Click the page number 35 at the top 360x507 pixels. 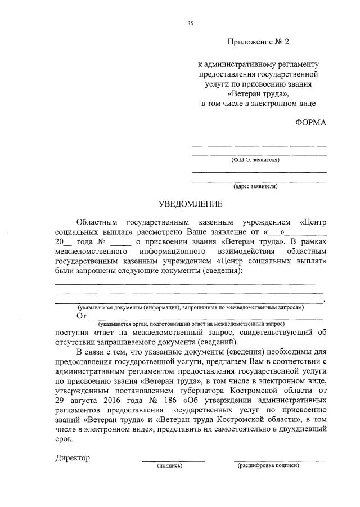(x=190, y=23)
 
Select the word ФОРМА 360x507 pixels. (x=310, y=123)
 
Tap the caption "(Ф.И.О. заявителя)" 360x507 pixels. (x=255, y=160)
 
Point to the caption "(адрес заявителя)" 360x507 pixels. (x=255, y=186)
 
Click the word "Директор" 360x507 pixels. (x=73, y=457)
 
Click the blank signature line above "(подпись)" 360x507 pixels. (x=173, y=461)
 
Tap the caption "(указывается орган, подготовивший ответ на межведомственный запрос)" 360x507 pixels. (x=191, y=324)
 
